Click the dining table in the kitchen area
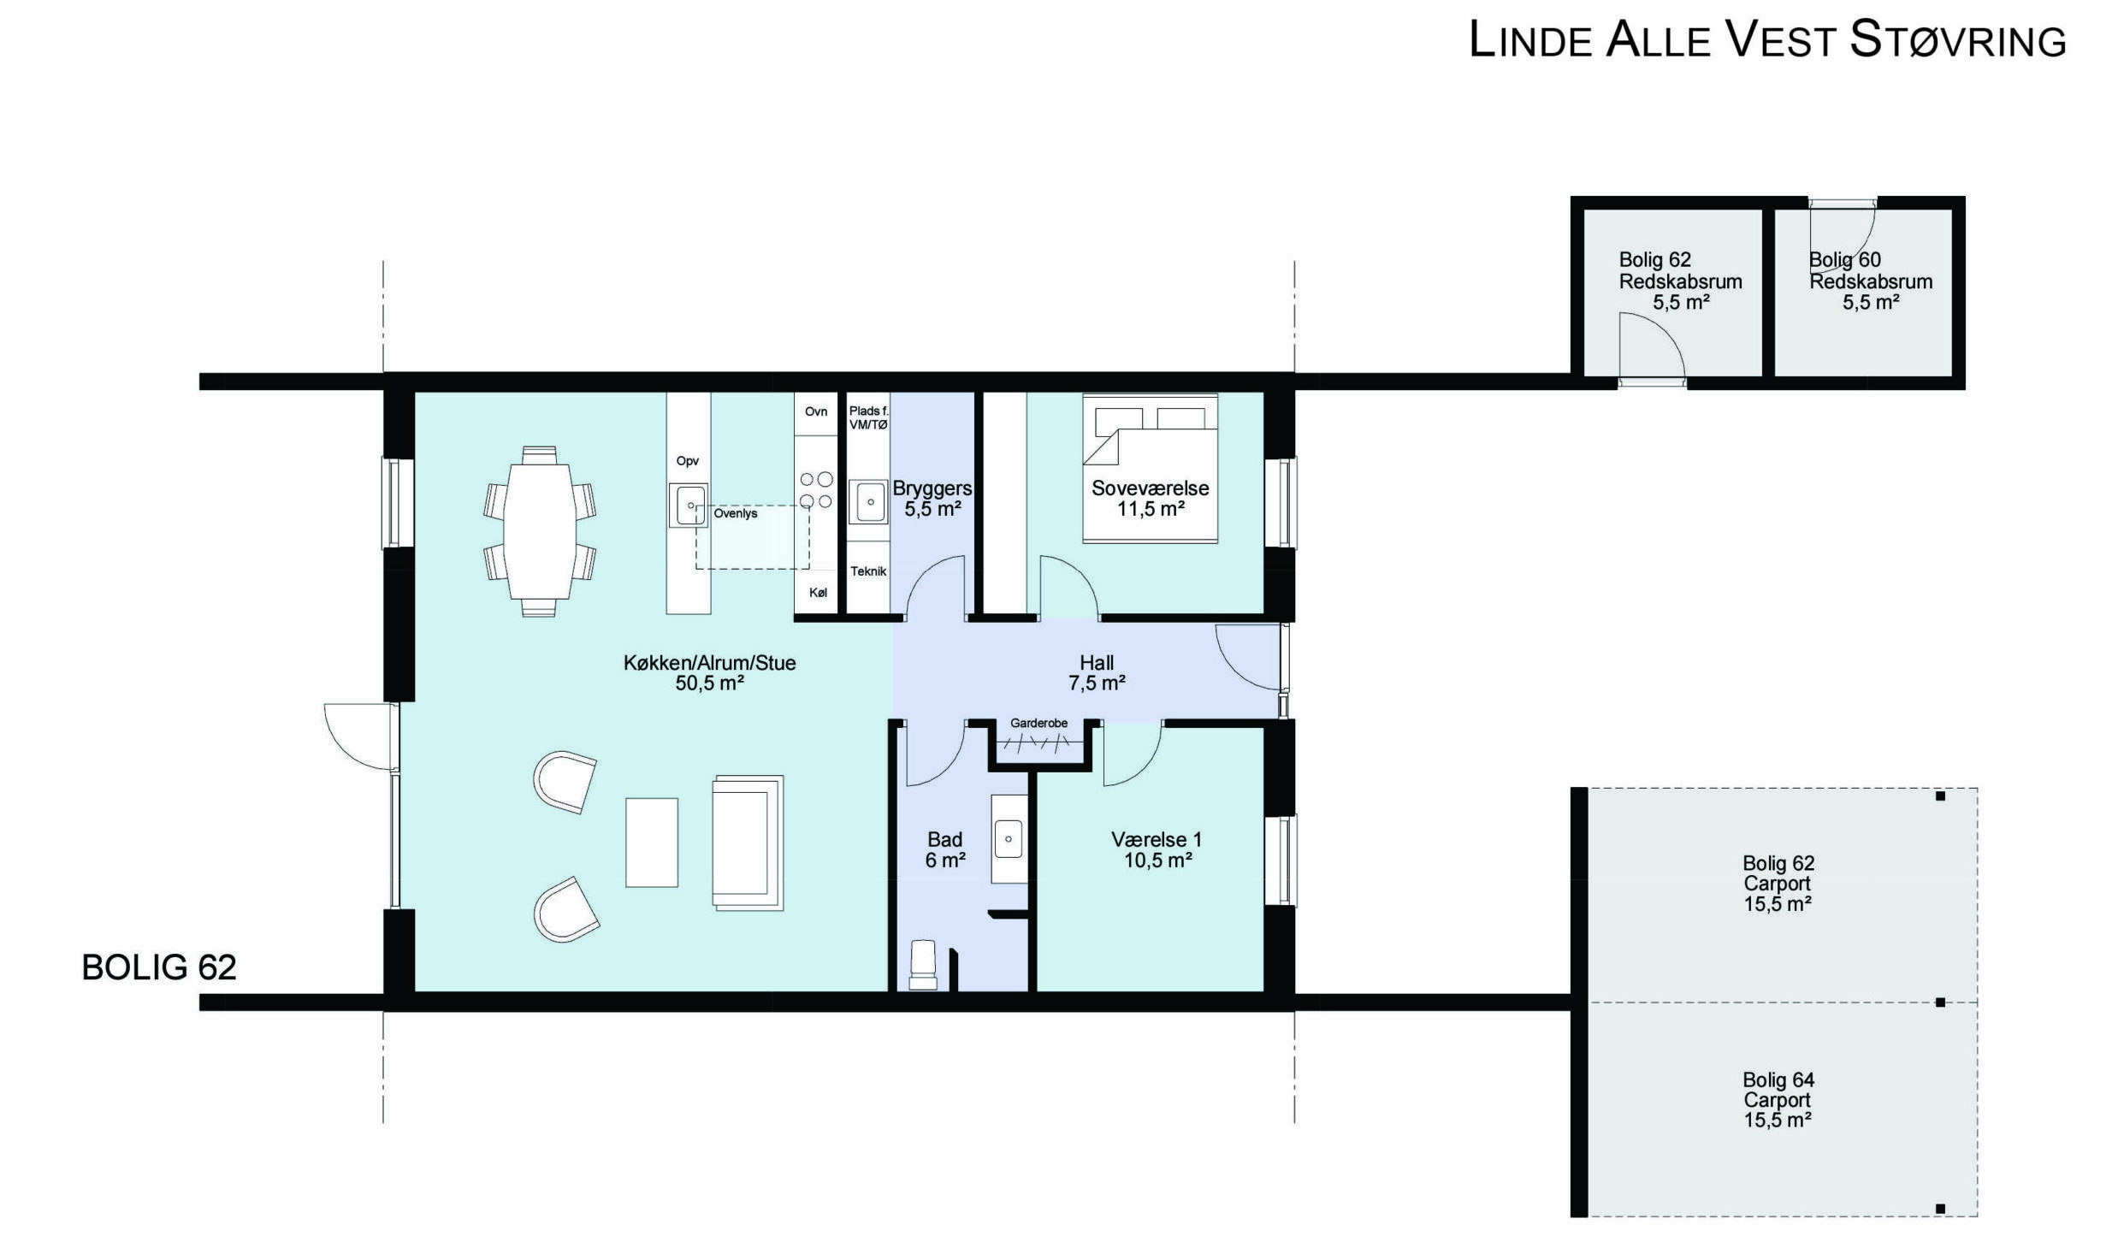pyautogui.click(x=540, y=531)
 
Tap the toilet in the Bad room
pyautogui.click(x=922, y=964)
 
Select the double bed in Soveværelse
pyautogui.click(x=1150, y=468)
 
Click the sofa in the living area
pyautogui.click(x=748, y=843)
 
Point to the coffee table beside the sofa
pyautogui.click(x=652, y=843)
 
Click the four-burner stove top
pyautogui.click(x=816, y=490)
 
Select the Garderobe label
pyautogui.click(x=1038, y=723)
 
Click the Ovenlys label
pyautogui.click(x=736, y=513)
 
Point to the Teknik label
pyautogui.click(x=868, y=571)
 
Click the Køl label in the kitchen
pyautogui.click(x=818, y=593)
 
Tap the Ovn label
pyautogui.click(x=816, y=411)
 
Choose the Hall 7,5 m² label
pyautogui.click(x=1097, y=672)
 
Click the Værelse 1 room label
pyautogui.click(x=1157, y=849)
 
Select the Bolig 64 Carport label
pyautogui.click(x=1778, y=1100)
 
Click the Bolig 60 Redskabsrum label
pyautogui.click(x=1871, y=281)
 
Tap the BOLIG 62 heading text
pyautogui.click(x=159, y=967)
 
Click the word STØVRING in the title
pyautogui.click(x=1958, y=40)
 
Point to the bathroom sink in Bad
pyautogui.click(x=1009, y=839)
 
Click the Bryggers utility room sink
pyautogui.click(x=868, y=502)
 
